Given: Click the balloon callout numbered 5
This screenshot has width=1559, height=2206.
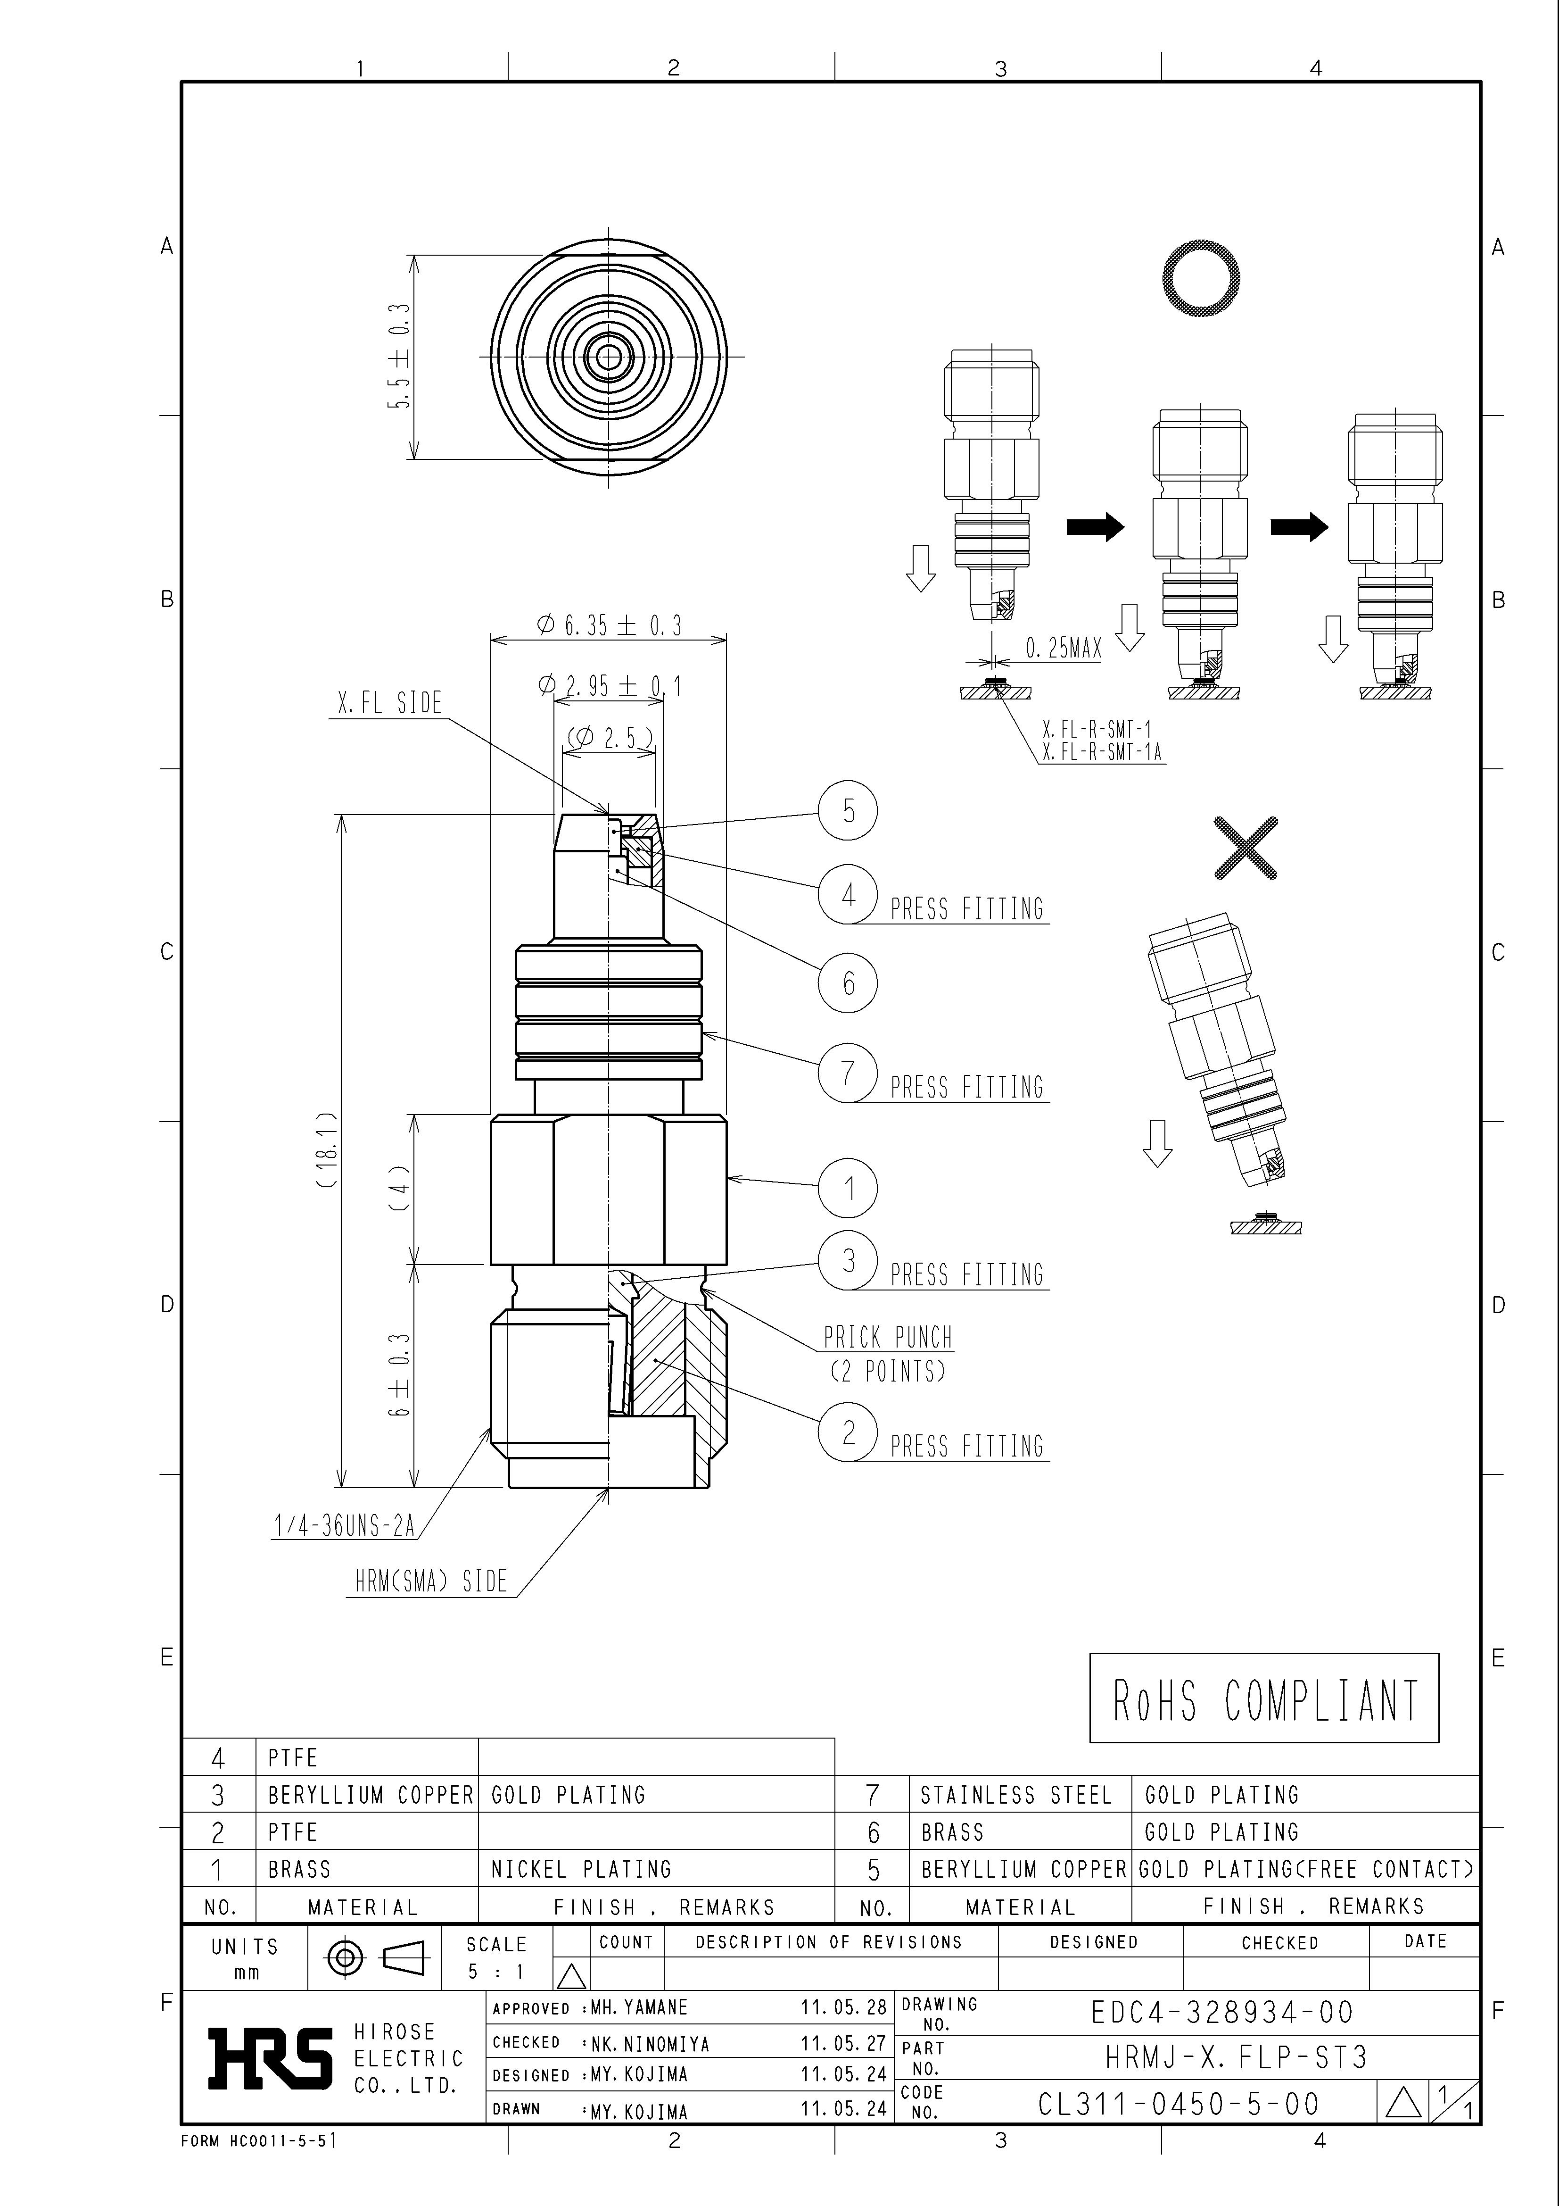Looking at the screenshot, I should [848, 810].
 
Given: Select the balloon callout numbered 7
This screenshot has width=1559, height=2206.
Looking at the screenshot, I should [848, 1072].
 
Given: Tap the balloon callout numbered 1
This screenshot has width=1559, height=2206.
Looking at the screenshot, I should [848, 1189].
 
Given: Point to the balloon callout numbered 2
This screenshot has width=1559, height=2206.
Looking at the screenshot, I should [848, 1432].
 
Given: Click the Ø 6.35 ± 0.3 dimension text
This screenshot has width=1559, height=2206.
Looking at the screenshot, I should [609, 625].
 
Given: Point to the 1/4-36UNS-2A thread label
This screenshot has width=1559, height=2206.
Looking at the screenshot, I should [344, 1526].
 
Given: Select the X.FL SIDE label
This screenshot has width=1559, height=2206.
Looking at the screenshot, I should [390, 703].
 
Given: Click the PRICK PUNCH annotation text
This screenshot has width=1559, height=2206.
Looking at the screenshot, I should [888, 1338].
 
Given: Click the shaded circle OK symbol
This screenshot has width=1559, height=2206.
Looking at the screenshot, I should [1201, 279].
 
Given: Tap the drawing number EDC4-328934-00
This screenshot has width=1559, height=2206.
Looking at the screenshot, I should [1222, 2012].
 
